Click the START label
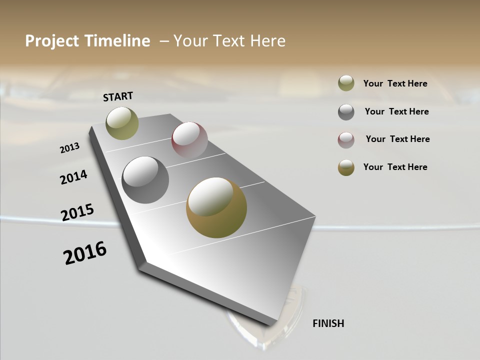(x=118, y=96)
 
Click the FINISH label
(x=328, y=323)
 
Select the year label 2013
(x=70, y=147)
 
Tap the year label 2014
(x=74, y=177)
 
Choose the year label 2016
(x=85, y=253)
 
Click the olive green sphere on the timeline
(x=122, y=123)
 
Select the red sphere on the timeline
(x=189, y=140)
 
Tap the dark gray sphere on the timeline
(x=145, y=180)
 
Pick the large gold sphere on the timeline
(x=216, y=207)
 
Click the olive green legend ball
(x=346, y=83)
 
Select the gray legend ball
(x=346, y=112)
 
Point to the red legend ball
(x=346, y=140)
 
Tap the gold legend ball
(x=346, y=167)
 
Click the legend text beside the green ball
(x=395, y=83)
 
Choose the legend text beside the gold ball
(x=395, y=167)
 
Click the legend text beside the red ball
(x=397, y=139)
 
